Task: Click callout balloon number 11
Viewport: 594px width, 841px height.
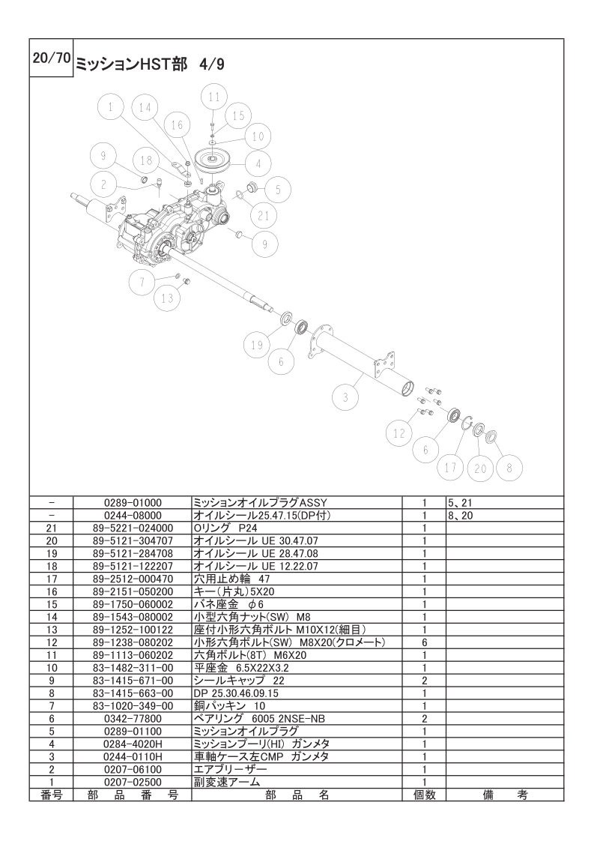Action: click(x=214, y=97)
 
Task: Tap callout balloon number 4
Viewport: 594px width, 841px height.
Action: click(x=258, y=163)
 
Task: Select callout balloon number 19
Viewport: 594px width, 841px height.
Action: click(x=257, y=345)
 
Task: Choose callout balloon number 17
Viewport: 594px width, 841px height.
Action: click(x=450, y=467)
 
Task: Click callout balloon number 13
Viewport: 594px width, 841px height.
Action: click(x=168, y=298)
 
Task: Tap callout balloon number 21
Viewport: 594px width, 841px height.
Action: click(x=263, y=216)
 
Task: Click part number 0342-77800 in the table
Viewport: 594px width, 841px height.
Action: click(x=133, y=719)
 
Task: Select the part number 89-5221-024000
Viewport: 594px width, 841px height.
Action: click(x=133, y=528)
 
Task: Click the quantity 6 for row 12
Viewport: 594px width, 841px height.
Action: click(x=424, y=642)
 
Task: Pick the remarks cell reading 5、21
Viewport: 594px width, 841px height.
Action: click(x=461, y=503)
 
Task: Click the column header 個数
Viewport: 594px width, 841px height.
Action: click(x=424, y=795)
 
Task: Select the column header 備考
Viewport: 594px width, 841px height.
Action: click(x=504, y=795)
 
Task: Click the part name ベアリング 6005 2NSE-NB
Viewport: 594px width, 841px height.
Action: click(x=259, y=719)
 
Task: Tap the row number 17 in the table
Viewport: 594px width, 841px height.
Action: click(x=52, y=579)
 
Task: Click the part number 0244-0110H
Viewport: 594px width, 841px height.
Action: click(x=133, y=757)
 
